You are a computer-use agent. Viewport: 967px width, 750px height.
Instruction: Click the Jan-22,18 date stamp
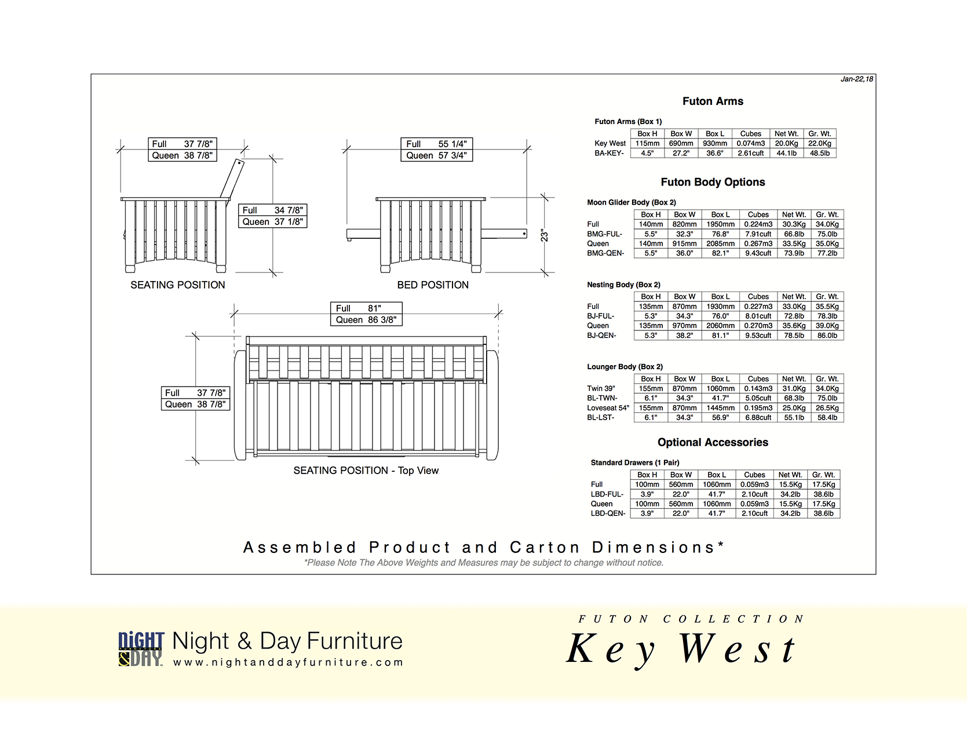(856, 79)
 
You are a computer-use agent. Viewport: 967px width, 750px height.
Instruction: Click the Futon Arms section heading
(713, 101)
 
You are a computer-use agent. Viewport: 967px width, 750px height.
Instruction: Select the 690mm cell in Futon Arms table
(681, 143)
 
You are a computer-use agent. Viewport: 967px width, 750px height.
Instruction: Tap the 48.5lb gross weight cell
(819, 153)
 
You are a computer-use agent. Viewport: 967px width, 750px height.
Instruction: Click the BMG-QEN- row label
(605, 253)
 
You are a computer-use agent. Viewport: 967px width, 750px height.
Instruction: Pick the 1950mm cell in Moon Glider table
(720, 224)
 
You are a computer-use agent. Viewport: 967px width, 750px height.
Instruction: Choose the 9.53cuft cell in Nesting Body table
(758, 336)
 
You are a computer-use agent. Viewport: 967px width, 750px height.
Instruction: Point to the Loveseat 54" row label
(608, 408)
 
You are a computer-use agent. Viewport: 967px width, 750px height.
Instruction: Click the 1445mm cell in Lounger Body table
(720, 408)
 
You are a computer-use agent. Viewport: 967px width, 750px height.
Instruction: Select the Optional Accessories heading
(713, 442)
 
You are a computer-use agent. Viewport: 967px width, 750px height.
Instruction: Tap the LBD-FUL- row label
(607, 494)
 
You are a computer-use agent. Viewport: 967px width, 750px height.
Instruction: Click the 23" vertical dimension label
(545, 235)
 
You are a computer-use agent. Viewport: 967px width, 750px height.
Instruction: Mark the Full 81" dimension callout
(366, 308)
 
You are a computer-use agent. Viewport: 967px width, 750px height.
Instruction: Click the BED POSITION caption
(433, 285)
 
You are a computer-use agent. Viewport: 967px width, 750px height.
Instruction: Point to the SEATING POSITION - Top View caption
(366, 471)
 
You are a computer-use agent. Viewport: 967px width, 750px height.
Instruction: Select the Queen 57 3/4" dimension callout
(437, 155)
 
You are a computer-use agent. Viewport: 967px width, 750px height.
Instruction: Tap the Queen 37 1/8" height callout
(272, 222)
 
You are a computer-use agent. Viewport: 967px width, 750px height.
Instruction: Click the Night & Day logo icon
(141, 649)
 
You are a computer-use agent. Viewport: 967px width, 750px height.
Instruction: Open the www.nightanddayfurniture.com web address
(288, 662)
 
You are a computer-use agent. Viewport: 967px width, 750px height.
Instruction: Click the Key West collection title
(681, 649)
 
